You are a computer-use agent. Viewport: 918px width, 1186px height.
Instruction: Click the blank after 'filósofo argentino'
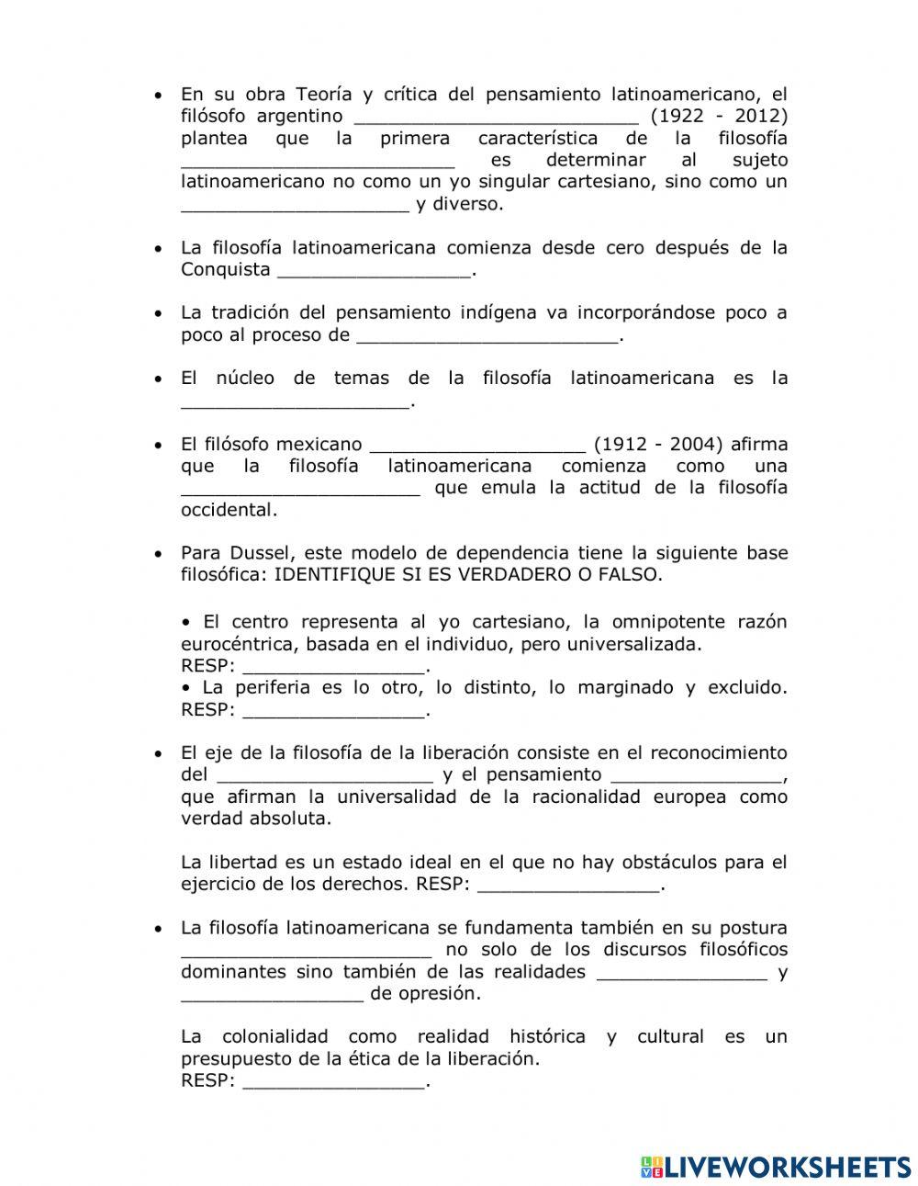click(x=496, y=117)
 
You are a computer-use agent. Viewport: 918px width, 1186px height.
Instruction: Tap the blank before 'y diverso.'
click(x=295, y=204)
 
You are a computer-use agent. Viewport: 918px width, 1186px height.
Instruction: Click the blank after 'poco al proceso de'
click(x=487, y=335)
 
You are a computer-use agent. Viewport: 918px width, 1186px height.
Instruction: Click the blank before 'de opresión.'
click(x=273, y=994)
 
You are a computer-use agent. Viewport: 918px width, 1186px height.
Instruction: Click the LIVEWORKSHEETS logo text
click(x=776, y=1167)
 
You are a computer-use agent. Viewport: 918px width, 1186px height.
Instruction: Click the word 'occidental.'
click(x=229, y=510)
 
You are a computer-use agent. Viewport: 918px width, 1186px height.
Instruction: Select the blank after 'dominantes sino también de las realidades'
click(x=682, y=972)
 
